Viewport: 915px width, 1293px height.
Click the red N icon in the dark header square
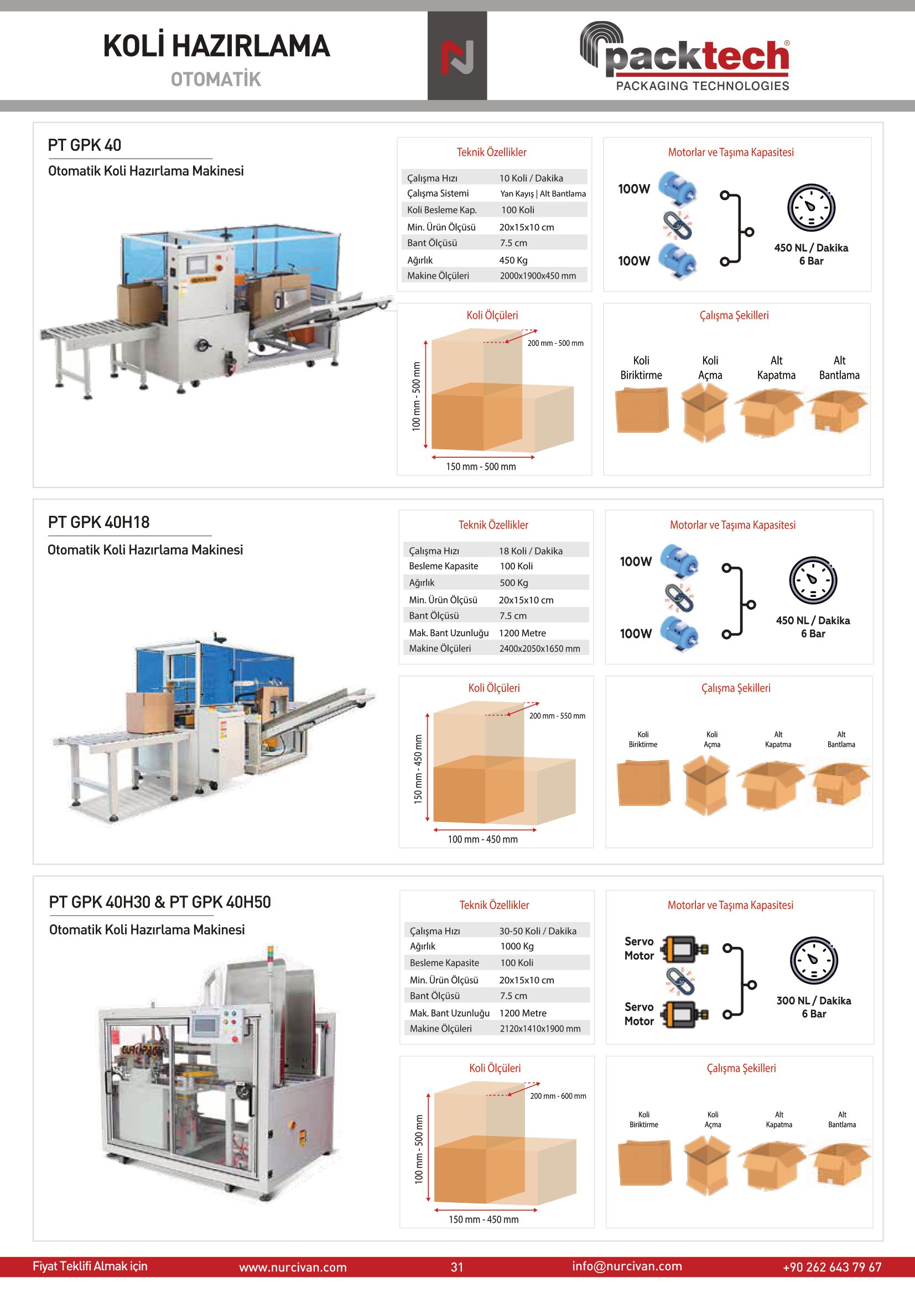coord(457,57)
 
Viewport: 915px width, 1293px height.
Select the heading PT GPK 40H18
coord(98,522)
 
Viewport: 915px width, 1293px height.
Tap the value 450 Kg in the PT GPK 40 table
coord(513,260)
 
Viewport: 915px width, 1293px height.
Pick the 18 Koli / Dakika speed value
coord(530,551)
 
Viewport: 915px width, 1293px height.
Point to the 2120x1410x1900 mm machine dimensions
coord(540,1028)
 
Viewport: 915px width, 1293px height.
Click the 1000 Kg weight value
coord(517,946)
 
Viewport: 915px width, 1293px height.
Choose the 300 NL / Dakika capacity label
coord(814,1001)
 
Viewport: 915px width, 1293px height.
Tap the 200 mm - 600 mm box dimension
coord(558,1096)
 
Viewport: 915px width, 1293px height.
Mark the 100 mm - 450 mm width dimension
coord(482,839)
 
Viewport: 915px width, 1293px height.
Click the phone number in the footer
coord(831,1267)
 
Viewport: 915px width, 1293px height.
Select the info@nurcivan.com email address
coord(627,1266)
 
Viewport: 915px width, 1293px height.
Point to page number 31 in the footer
coord(457,1267)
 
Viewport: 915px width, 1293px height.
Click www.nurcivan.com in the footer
coord(293,1267)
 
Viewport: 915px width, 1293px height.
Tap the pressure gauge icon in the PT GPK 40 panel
coord(811,207)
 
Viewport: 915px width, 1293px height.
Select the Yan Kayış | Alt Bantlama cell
coord(543,193)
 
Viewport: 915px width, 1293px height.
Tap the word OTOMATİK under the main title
coord(216,80)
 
